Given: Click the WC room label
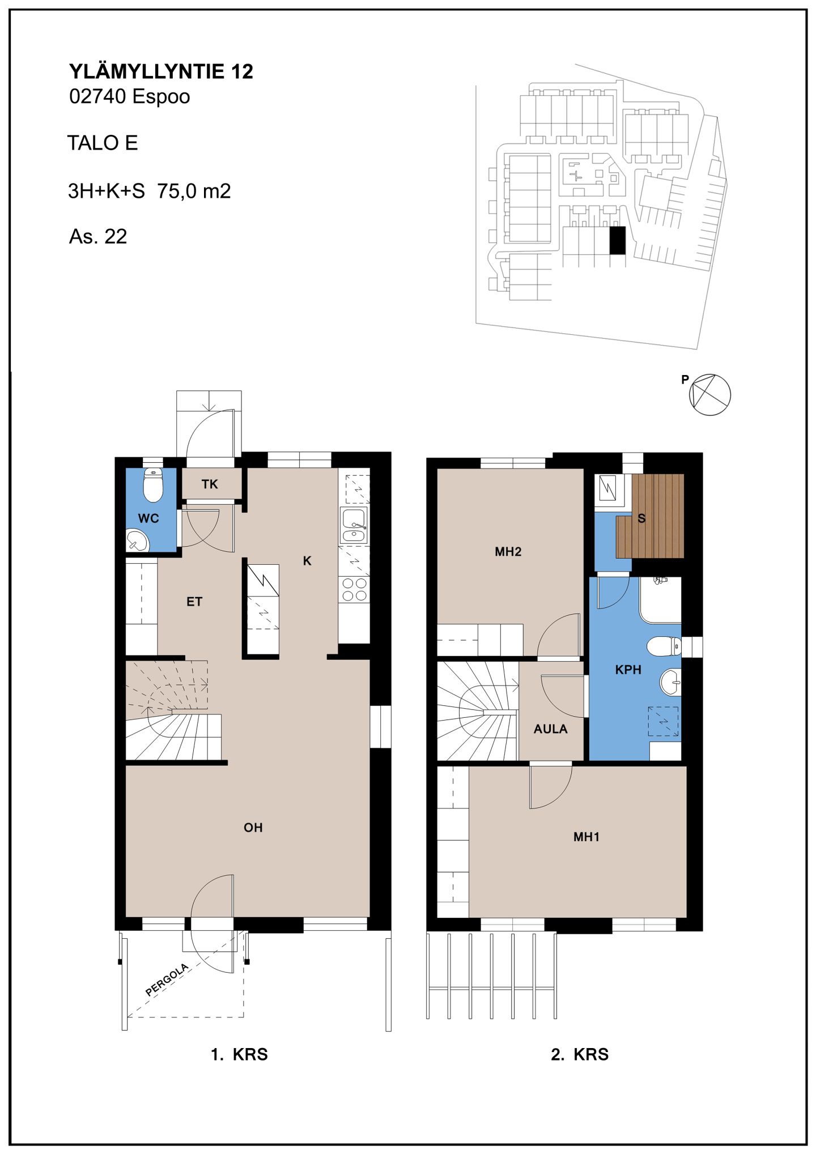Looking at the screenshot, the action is pyautogui.click(x=148, y=518).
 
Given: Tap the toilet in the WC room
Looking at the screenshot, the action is pyautogui.click(x=153, y=485).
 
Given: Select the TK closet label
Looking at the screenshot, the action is pyautogui.click(x=210, y=484).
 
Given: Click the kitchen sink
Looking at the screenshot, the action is pyautogui.click(x=354, y=525).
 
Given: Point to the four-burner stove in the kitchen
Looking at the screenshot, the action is pyautogui.click(x=355, y=589).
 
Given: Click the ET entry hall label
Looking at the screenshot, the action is pyautogui.click(x=194, y=602).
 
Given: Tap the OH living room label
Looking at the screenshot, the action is pyautogui.click(x=253, y=828).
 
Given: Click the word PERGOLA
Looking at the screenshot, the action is pyautogui.click(x=167, y=980).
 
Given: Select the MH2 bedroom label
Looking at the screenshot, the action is pyautogui.click(x=508, y=552).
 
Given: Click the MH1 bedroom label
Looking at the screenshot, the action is pyautogui.click(x=586, y=837).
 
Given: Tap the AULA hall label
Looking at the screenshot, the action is pyautogui.click(x=550, y=729).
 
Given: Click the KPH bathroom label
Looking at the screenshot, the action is pyautogui.click(x=628, y=670).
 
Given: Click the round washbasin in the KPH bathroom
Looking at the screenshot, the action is pyautogui.click(x=670, y=682).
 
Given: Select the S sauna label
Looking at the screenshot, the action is pyautogui.click(x=641, y=518).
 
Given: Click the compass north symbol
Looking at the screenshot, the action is pyautogui.click(x=709, y=395).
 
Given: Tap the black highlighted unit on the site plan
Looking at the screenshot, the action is pyautogui.click(x=617, y=240).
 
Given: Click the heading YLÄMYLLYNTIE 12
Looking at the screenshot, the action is pyautogui.click(x=161, y=71).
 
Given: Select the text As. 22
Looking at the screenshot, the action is pyautogui.click(x=98, y=236).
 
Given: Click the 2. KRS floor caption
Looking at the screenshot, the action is pyautogui.click(x=580, y=1054).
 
